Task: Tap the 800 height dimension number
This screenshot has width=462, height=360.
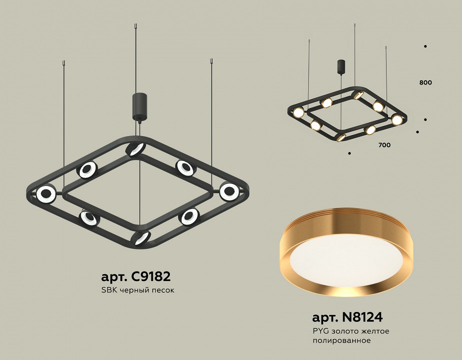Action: (426, 82)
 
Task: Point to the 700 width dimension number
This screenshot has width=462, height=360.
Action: (384, 145)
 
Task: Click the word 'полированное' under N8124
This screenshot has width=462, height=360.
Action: (341, 340)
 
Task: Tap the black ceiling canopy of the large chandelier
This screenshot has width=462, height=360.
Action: (138, 106)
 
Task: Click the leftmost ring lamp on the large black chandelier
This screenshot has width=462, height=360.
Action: (46, 193)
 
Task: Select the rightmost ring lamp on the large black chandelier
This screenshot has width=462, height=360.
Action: (229, 190)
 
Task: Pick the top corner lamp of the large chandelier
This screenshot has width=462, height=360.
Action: (135, 148)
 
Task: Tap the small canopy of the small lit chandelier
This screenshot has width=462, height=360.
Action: (342, 66)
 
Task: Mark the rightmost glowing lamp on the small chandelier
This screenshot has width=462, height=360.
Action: (397, 120)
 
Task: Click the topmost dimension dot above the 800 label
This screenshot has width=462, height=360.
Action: (425, 46)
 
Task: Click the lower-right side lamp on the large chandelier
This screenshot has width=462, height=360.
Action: (189, 216)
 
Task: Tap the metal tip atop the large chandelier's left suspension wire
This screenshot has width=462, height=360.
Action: (63, 63)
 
